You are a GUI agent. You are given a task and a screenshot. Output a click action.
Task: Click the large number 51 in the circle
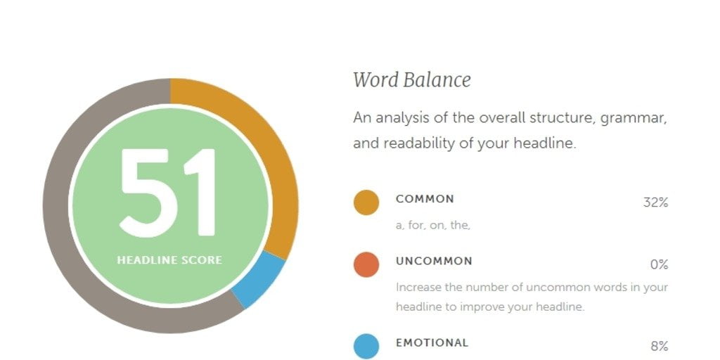tap(168, 193)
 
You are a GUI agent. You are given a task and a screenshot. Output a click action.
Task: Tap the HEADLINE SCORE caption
tap(169, 260)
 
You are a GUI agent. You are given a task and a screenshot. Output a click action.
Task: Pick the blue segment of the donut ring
tap(259, 280)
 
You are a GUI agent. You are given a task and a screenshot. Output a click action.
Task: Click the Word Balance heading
tap(412, 80)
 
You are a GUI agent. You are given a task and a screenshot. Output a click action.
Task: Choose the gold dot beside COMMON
tap(366, 202)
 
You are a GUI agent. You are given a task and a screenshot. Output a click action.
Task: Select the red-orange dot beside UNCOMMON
tap(366, 265)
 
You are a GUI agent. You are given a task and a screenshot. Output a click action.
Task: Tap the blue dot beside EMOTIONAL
tap(366, 347)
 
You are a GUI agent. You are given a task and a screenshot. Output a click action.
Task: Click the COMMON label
tap(425, 199)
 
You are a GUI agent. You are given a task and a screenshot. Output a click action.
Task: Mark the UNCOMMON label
tap(434, 262)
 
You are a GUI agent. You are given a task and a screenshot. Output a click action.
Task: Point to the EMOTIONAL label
tap(432, 343)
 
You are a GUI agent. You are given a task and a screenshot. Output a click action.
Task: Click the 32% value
tap(655, 202)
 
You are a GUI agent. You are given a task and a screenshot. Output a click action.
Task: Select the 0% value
tap(659, 265)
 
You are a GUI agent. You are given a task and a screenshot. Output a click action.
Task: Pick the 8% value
tap(659, 346)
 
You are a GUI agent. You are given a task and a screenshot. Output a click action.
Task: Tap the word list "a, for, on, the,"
tap(433, 226)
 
